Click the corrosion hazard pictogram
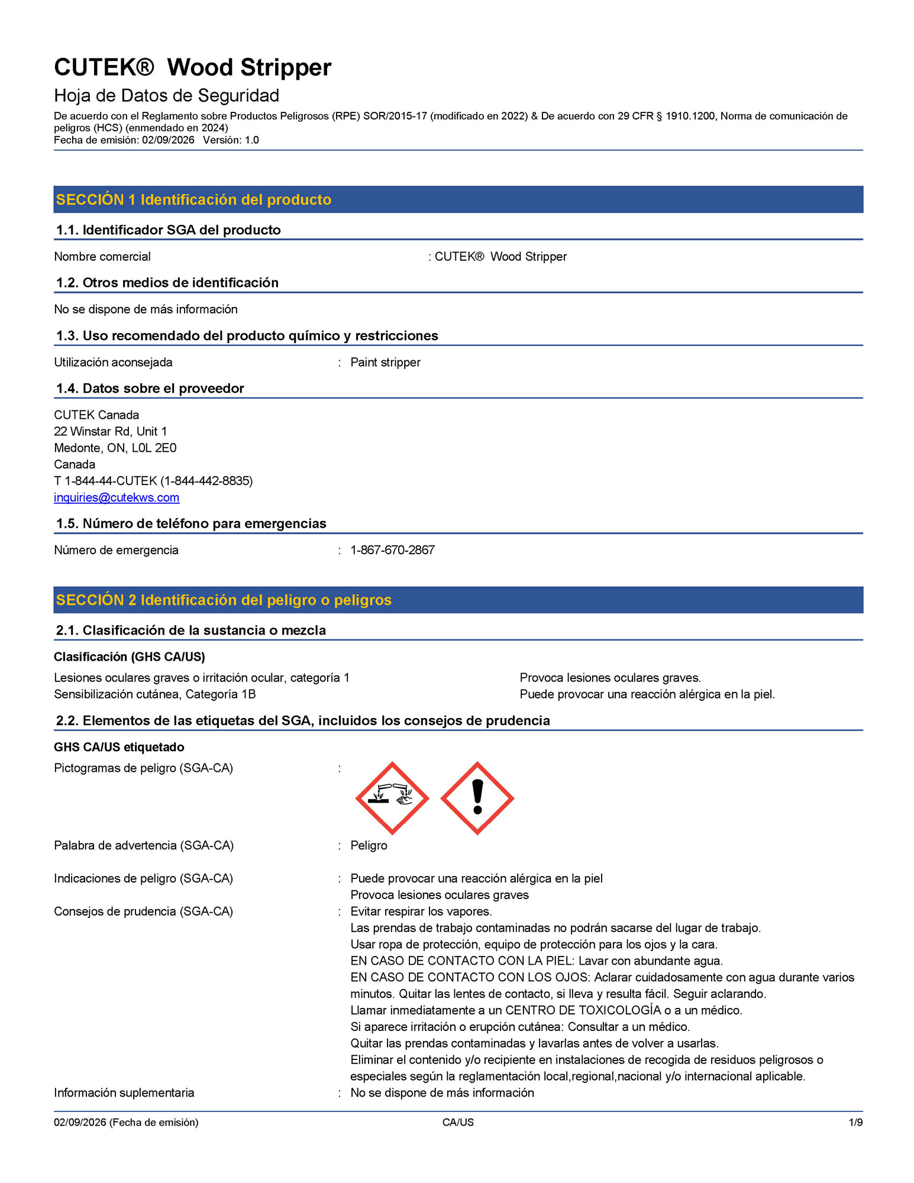pyautogui.click(x=392, y=798)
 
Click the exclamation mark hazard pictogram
pyautogui.click(x=477, y=798)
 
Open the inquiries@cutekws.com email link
pyautogui.click(x=117, y=497)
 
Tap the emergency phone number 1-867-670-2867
pyautogui.click(x=392, y=550)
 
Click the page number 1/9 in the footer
pyautogui.click(x=855, y=1122)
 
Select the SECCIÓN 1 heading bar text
pyautogui.click(x=193, y=200)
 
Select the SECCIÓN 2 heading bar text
pyautogui.click(x=224, y=600)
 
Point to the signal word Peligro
pyautogui.click(x=369, y=845)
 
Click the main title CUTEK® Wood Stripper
pyautogui.click(x=193, y=67)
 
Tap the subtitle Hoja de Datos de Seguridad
pyautogui.click(x=166, y=96)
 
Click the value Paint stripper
pyautogui.click(x=385, y=362)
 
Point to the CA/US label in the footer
pyautogui.click(x=458, y=1122)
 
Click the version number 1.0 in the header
pyautogui.click(x=252, y=140)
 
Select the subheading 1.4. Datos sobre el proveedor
pyautogui.click(x=150, y=389)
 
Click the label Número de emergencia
pyautogui.click(x=116, y=550)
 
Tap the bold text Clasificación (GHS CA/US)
pyautogui.click(x=130, y=657)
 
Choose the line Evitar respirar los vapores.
pyautogui.click(x=421, y=912)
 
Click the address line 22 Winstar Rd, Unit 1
pyautogui.click(x=111, y=431)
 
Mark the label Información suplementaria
pyautogui.click(x=124, y=1093)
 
